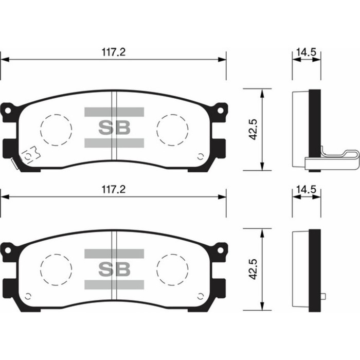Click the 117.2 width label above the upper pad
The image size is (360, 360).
114,52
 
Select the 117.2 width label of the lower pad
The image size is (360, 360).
114,190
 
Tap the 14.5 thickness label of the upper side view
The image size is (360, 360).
306,52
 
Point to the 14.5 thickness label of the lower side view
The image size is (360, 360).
306,190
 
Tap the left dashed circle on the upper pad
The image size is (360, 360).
56,129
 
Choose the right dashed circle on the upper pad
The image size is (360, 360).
172,129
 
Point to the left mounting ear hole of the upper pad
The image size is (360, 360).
7,110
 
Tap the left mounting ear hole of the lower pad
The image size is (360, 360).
7,250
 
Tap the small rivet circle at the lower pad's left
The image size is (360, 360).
29,296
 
